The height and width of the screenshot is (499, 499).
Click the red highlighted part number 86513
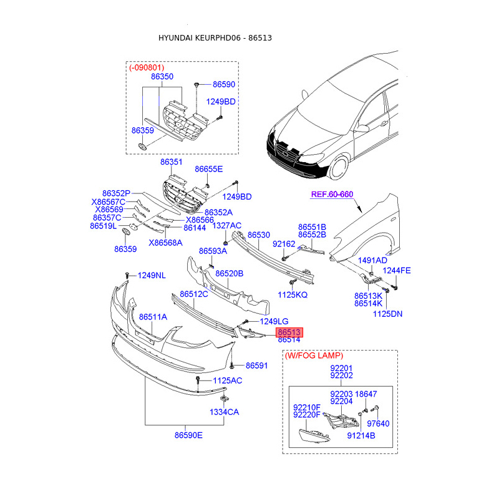[x=290, y=332]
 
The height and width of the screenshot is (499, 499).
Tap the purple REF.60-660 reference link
[x=332, y=195]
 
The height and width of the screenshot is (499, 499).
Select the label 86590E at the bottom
[x=188, y=435]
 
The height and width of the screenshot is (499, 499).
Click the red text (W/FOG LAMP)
[x=314, y=356]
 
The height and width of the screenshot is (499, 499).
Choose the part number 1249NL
[x=152, y=275]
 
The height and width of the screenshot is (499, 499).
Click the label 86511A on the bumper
[x=153, y=317]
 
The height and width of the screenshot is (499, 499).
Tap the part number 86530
[x=259, y=235]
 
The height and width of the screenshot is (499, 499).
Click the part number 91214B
[x=361, y=436]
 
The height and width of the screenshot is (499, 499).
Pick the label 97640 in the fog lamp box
[x=379, y=424]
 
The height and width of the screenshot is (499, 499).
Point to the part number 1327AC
[x=227, y=225]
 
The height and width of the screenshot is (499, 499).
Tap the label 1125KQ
[x=293, y=294]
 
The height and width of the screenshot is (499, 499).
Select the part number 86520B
[x=229, y=273]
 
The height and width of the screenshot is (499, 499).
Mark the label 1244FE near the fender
[x=397, y=270]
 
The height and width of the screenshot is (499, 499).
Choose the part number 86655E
[x=208, y=169]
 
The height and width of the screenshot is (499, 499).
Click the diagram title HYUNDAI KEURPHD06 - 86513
[x=215, y=38]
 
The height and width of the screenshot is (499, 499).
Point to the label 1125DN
[x=387, y=314]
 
